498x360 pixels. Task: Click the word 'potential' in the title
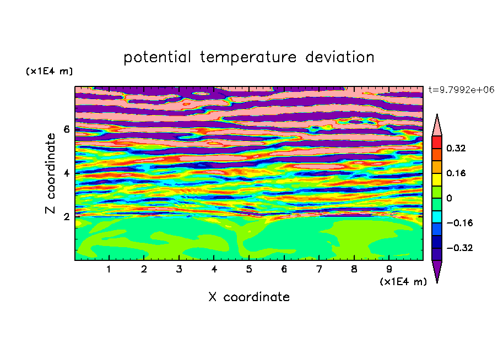coord(157,58)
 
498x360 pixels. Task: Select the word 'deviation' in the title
coord(340,57)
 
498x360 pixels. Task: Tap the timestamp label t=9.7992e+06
coord(461,90)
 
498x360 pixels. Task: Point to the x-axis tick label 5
coord(249,269)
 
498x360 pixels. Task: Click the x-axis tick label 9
coord(389,269)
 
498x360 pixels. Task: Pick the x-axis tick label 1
coord(109,269)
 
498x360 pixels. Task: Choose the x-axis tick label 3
coord(179,269)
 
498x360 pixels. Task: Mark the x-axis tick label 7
coord(319,269)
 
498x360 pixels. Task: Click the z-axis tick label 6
coord(66,129)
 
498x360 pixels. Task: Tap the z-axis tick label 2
coord(66,216)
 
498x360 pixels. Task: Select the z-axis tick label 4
coord(66,173)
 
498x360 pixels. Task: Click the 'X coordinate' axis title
coord(249,297)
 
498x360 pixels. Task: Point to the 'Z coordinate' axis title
coord(50,173)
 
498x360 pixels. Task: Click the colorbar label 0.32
coord(456,148)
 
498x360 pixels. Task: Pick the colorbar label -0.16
coord(459,223)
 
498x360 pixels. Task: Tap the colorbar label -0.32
coord(459,248)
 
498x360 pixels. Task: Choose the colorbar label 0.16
coord(456,173)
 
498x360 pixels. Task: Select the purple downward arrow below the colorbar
coord(437,270)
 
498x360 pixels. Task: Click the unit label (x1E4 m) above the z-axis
coord(49,71)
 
